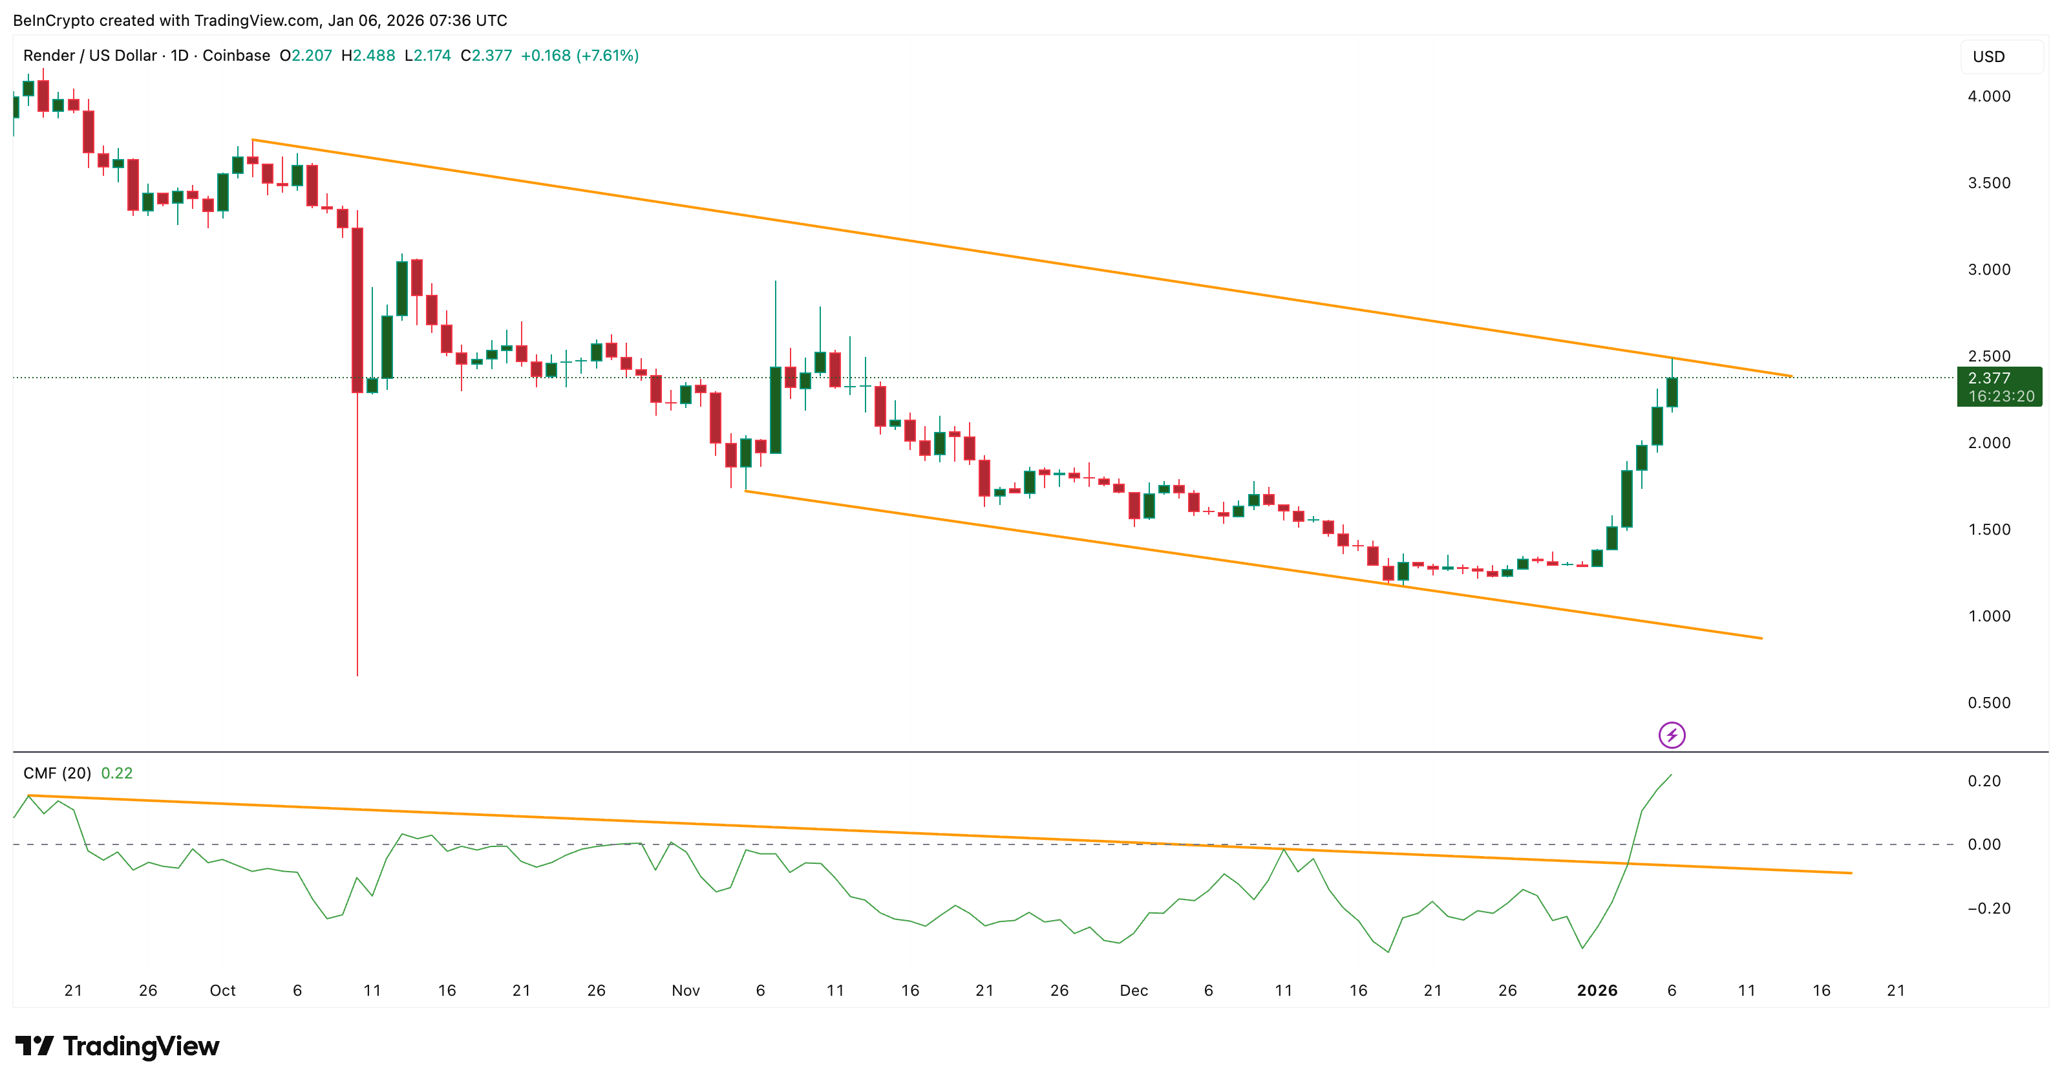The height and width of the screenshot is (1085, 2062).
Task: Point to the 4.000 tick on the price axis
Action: (1988, 96)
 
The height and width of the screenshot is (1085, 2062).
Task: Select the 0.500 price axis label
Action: (1988, 703)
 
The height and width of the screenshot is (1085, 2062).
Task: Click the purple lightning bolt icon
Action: (1672, 735)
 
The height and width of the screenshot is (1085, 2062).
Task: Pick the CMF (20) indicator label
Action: (57, 773)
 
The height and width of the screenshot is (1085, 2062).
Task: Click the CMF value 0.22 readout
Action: (117, 773)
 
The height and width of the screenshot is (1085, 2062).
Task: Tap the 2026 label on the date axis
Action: (1597, 991)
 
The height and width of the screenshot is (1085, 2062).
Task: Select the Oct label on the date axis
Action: (222, 991)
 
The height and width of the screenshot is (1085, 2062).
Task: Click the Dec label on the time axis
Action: (1134, 991)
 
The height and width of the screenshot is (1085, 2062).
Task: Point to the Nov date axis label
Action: (685, 991)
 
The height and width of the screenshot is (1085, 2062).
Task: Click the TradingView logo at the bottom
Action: (117, 1046)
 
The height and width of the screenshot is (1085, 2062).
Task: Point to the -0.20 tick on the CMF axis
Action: (1988, 908)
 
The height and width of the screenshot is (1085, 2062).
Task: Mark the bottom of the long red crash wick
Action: (357, 674)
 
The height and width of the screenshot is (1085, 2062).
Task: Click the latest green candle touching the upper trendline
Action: (1672, 392)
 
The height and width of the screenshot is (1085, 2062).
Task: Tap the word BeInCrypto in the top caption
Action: (53, 20)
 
